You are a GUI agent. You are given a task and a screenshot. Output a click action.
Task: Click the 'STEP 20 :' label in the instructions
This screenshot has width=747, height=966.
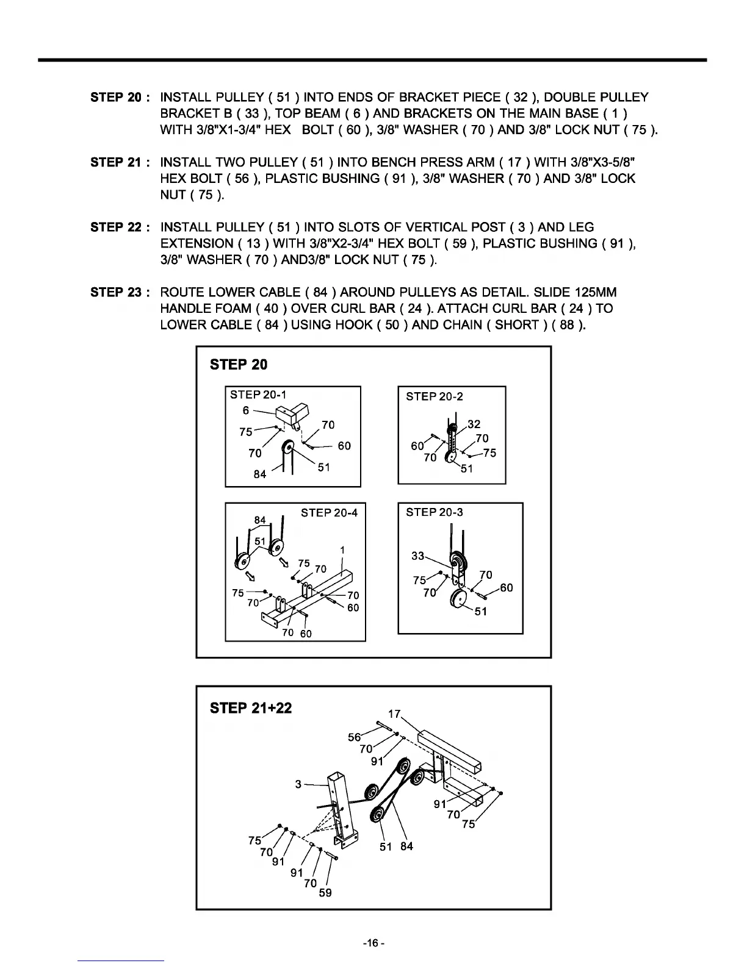click(x=116, y=98)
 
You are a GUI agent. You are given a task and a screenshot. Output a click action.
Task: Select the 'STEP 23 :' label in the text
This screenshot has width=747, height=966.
click(x=116, y=293)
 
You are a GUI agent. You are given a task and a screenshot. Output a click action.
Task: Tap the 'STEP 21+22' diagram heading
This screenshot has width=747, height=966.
click(x=251, y=708)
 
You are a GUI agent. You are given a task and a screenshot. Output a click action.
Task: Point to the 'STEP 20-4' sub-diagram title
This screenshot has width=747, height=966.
click(x=329, y=513)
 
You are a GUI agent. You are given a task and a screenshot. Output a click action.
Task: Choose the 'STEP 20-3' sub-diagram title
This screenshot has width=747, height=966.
click(x=435, y=512)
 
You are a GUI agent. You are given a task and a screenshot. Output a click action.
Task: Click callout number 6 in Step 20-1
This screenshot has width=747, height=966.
click(x=246, y=410)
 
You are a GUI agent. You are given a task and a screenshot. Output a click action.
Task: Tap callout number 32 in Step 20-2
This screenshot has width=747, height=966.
click(x=474, y=424)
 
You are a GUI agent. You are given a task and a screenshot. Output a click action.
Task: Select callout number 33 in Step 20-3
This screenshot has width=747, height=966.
click(x=418, y=556)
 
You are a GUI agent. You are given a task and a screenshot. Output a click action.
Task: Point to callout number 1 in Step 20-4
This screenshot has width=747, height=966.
click(x=342, y=550)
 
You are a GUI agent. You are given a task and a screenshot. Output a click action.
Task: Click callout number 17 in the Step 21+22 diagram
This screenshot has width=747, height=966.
click(x=395, y=714)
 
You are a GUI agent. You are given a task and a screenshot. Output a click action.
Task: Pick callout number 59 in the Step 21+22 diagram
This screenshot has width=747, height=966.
click(x=325, y=893)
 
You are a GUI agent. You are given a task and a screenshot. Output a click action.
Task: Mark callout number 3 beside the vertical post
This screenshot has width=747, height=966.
click(x=298, y=784)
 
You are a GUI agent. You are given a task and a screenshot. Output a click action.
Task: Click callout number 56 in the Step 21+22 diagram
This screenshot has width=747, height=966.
click(x=355, y=737)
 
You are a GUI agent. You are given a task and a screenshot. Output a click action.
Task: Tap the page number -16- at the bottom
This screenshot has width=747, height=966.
click(x=373, y=943)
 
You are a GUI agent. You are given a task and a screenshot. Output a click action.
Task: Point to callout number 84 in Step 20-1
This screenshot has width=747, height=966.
click(x=260, y=474)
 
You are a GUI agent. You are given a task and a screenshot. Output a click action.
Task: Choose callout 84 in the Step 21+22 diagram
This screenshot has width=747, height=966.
click(x=406, y=846)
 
